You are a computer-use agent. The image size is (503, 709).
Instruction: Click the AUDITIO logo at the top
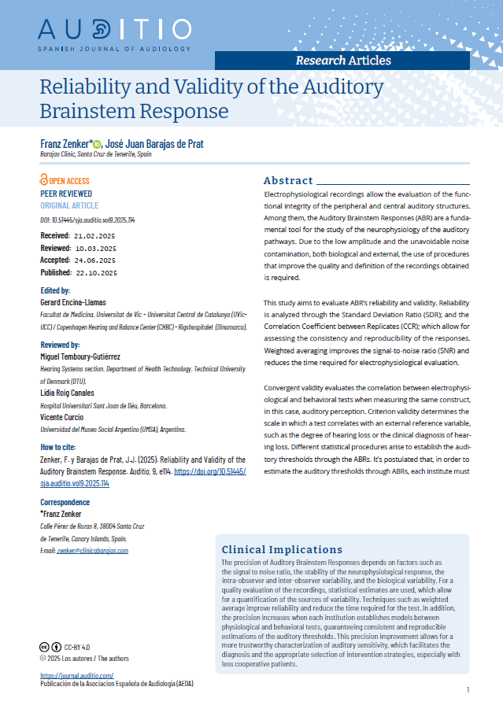coord(114,31)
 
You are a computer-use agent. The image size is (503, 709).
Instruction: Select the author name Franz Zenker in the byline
coord(65,145)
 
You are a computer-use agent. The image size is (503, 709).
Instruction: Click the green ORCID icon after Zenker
coord(96,145)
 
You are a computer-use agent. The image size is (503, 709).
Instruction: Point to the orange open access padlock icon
coord(44,181)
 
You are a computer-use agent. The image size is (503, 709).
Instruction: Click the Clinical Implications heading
coord(282,549)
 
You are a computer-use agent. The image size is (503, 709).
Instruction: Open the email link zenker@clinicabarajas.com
coord(92,551)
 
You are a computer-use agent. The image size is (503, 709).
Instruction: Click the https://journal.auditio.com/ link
coord(77,675)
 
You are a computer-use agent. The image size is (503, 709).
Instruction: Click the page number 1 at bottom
coord(468,690)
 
